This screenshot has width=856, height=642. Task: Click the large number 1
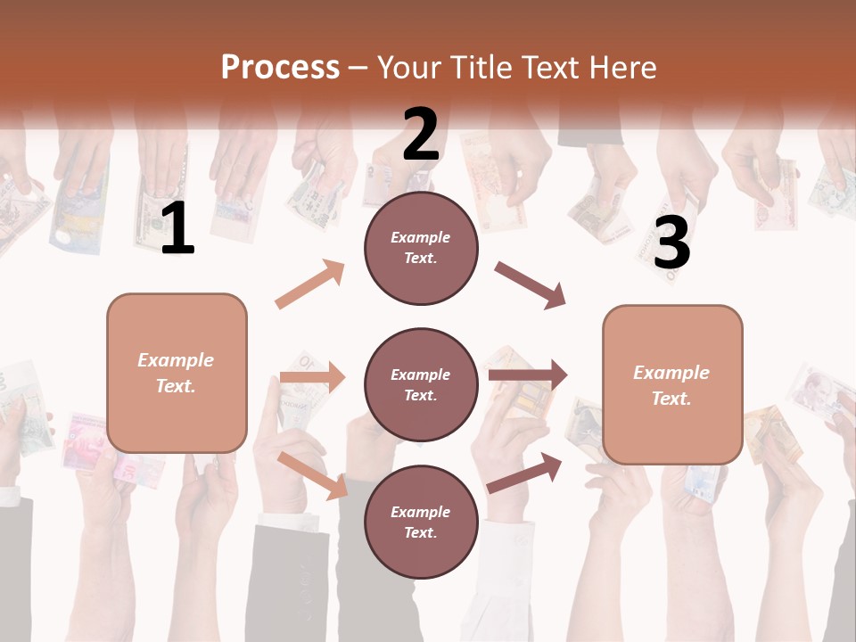177,229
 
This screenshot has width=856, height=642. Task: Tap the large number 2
421,135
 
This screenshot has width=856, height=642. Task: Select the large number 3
672,243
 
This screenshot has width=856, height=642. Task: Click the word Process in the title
280,67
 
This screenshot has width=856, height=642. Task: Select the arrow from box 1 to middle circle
312,378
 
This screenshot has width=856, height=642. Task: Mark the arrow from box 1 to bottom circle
313,474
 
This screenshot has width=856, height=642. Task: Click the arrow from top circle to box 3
530,285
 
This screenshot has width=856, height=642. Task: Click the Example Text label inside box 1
177,373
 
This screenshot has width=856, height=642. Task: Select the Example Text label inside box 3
672,385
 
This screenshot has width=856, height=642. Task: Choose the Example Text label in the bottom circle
421,523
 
